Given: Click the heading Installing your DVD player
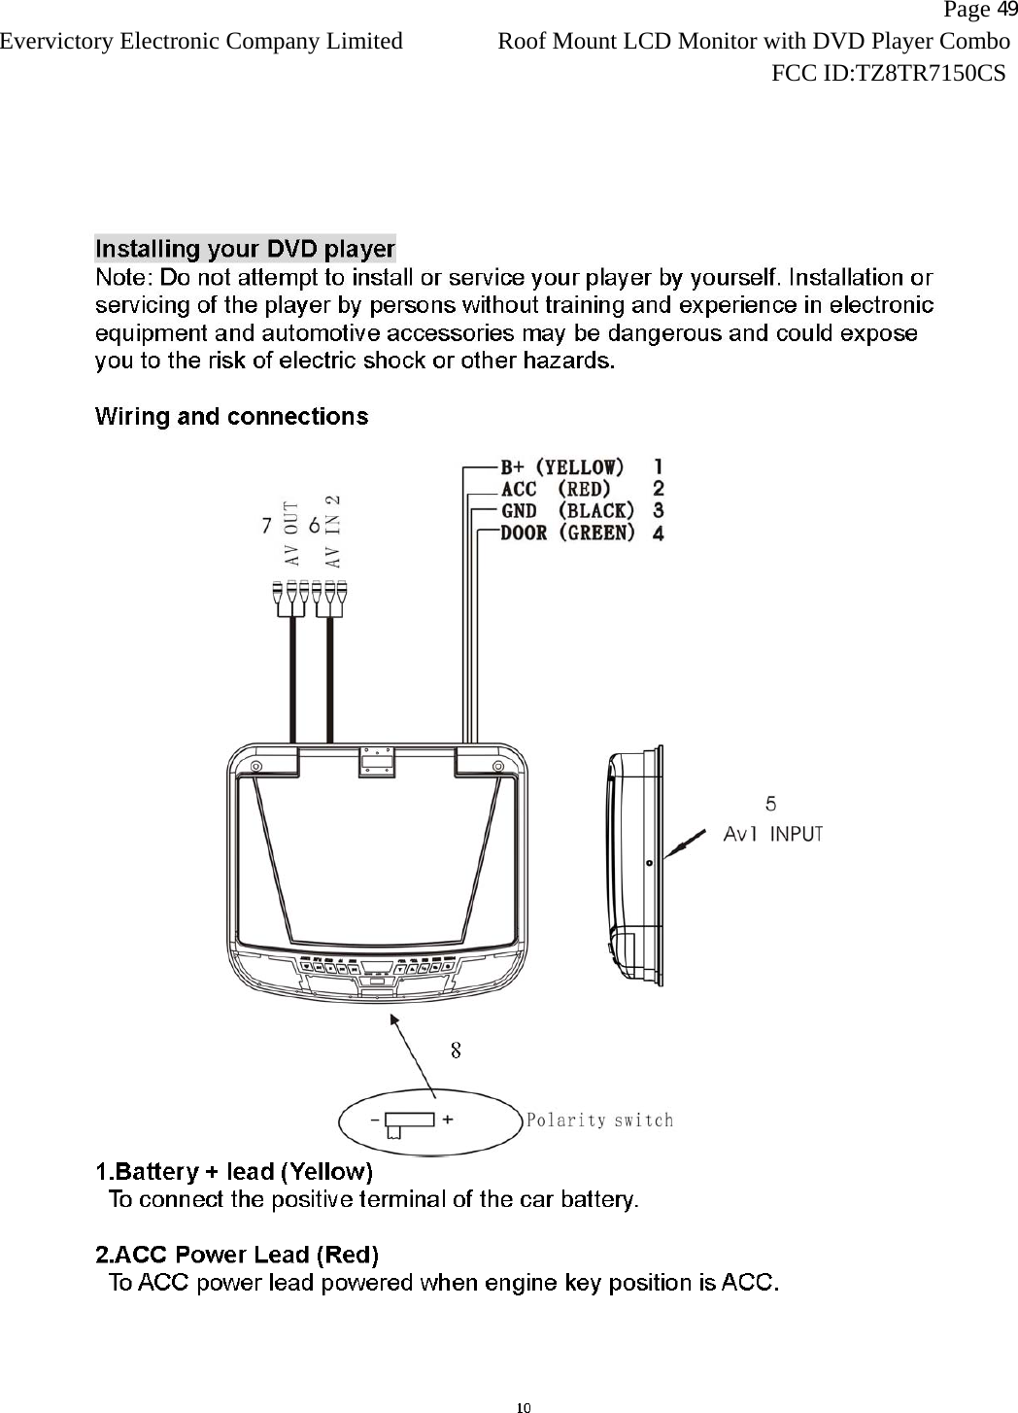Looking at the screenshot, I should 245,249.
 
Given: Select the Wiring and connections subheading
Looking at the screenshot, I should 231,417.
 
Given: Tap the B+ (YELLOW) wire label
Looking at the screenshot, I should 562,466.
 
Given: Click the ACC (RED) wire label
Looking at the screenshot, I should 556,489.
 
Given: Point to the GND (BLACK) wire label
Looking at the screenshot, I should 567,510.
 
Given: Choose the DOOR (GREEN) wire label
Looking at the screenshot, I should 567,533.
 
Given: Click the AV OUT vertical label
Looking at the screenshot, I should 290,534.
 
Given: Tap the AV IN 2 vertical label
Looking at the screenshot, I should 332,530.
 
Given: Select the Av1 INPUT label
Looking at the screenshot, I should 773,834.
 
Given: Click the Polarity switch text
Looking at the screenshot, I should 599,1120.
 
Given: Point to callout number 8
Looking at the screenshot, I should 455,1050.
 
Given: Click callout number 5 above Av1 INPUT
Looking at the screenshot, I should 770,804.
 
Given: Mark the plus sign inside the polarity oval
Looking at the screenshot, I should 448,1119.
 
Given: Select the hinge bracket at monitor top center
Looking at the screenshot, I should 377,760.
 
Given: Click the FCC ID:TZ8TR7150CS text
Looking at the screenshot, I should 888,72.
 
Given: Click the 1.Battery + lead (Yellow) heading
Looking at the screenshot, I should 234,1170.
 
